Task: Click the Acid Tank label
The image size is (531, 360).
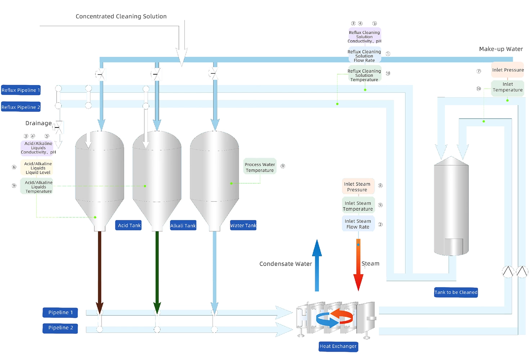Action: tap(129, 225)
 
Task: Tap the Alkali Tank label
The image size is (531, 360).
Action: tap(183, 226)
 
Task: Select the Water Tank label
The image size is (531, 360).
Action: tap(243, 225)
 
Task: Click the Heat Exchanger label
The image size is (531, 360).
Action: tap(338, 346)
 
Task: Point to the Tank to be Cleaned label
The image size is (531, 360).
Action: tap(456, 292)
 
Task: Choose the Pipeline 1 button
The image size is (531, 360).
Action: tap(60, 312)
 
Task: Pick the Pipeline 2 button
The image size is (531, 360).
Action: tap(60, 328)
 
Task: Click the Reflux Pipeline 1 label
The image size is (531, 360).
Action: tap(21, 90)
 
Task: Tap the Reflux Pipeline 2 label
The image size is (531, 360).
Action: tap(21, 107)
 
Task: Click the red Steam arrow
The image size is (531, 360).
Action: tap(358, 266)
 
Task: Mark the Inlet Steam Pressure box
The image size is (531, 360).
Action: tap(357, 186)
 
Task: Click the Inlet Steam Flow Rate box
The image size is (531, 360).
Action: tap(358, 224)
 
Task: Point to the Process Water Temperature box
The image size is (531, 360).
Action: tap(260, 167)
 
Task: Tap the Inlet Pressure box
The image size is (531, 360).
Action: tap(508, 70)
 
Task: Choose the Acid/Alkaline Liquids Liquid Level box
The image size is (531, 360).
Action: tap(37, 168)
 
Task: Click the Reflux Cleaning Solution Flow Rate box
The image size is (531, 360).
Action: tap(364, 56)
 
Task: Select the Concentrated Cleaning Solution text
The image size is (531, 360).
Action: tap(121, 16)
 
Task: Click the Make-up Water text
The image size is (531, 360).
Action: tap(501, 49)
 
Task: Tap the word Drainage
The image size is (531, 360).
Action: tap(38, 123)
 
